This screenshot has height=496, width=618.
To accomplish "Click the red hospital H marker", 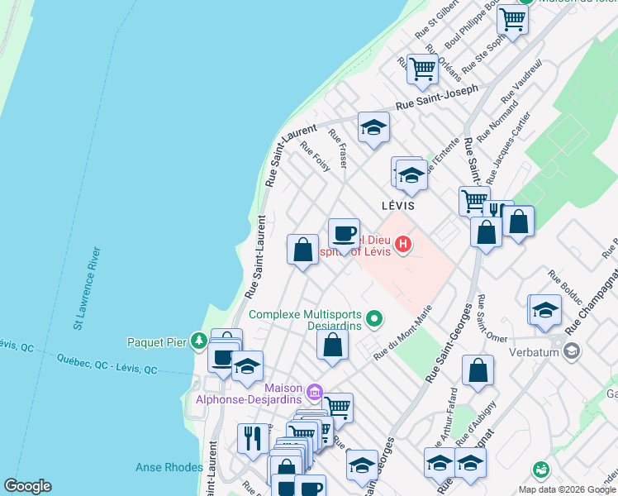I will click(x=403, y=245).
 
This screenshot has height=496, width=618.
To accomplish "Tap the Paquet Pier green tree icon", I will click(x=198, y=341).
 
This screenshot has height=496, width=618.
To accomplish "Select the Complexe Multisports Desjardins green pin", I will click(x=374, y=317).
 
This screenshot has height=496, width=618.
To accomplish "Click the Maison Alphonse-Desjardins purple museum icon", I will click(x=314, y=391).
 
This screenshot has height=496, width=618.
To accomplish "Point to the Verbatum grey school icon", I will click(x=571, y=351).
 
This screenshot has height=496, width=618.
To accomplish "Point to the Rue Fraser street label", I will click(x=338, y=148).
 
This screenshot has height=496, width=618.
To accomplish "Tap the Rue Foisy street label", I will click(x=316, y=156).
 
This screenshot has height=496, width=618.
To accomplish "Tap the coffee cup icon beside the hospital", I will click(x=344, y=232).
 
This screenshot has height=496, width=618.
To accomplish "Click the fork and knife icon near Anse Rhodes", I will click(x=253, y=436).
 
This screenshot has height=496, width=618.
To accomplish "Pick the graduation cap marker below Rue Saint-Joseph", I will click(x=373, y=127).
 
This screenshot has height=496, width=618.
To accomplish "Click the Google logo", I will click(x=27, y=486).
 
